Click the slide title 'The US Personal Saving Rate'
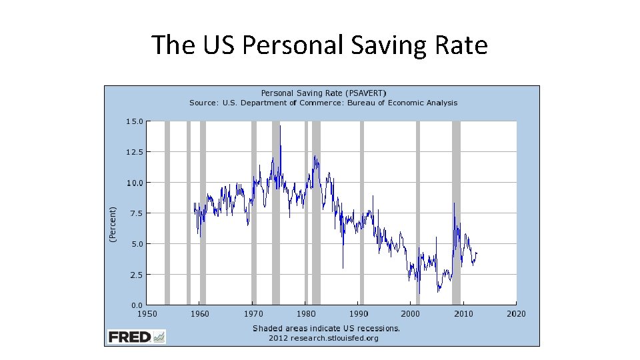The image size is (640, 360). (319, 45)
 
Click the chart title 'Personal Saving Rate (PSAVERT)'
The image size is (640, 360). (323, 93)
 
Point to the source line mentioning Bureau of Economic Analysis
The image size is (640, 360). (323, 103)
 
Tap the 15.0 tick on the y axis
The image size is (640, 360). (134, 121)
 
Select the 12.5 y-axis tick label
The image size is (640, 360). (134, 152)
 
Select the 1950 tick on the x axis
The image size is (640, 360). (147, 313)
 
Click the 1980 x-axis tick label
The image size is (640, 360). (305, 313)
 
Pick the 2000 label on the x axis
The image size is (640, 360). (411, 313)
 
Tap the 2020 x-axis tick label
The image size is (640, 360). (516, 313)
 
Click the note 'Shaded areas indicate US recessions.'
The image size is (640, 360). (326, 328)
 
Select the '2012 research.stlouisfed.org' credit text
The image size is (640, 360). (323, 338)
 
